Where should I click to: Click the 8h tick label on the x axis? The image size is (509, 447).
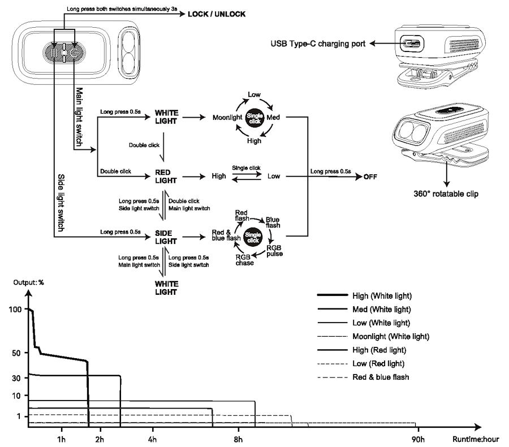[x=238, y=439]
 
